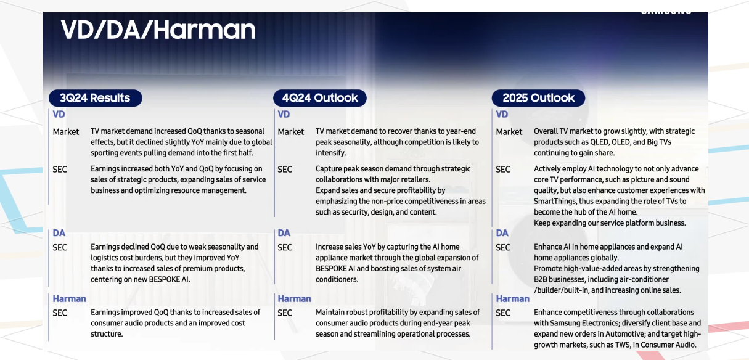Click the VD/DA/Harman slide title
158,30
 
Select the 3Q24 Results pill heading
96,98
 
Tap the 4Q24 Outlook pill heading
320,98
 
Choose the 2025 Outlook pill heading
538,98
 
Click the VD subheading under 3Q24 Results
59,114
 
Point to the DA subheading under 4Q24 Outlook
284,233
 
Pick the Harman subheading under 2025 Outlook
513,298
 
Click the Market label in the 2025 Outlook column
509,132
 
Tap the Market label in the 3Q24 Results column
65,132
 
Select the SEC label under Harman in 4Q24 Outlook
285,313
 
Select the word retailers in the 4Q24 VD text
415,179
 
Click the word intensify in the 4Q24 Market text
330,153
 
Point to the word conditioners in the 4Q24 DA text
337,279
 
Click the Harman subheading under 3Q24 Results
69,298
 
